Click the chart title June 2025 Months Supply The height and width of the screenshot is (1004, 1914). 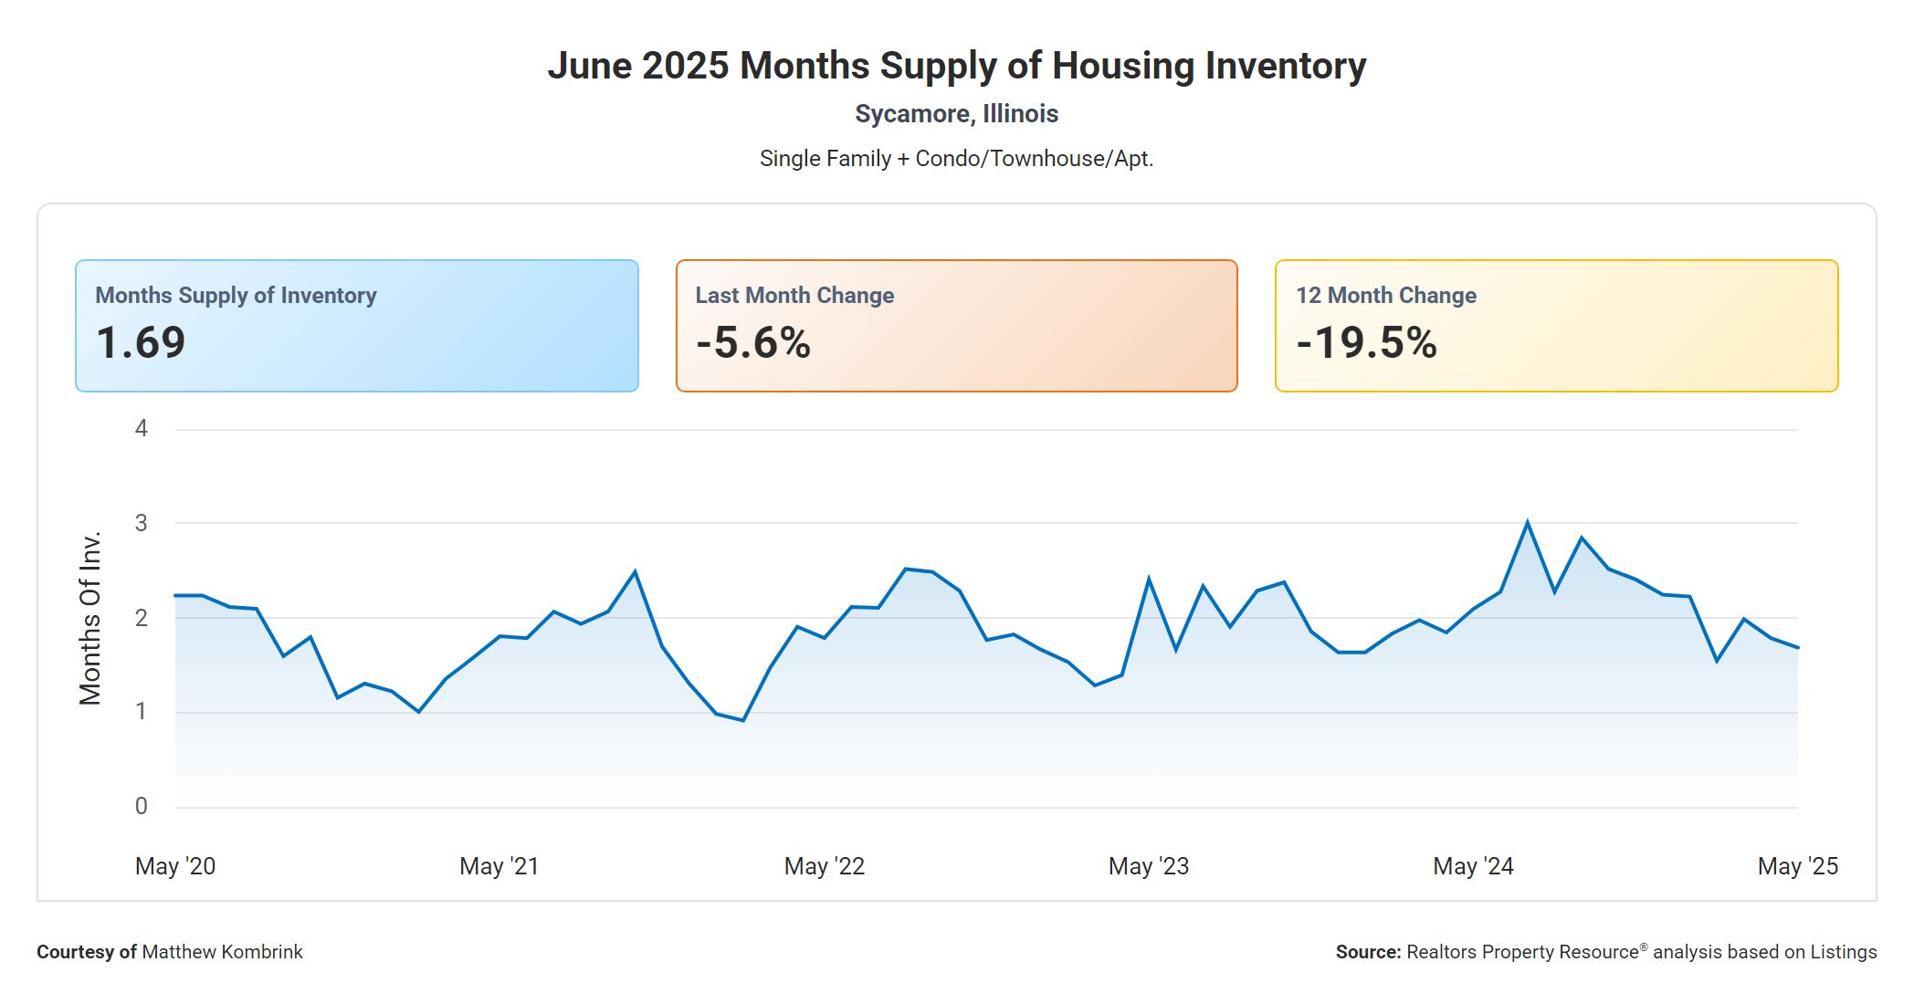pos(956,66)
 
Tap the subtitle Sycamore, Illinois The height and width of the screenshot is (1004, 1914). pos(956,114)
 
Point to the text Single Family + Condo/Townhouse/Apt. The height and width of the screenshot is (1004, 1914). pos(956,159)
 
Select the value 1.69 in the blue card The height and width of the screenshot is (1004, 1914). pos(141,343)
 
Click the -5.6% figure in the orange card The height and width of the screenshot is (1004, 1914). pos(752,343)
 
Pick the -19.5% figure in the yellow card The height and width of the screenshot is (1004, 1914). pos(1366,343)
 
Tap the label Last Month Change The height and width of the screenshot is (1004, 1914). pos(794,296)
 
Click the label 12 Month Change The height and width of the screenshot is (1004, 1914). pos(1385,296)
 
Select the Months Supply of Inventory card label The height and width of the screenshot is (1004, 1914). pos(236,296)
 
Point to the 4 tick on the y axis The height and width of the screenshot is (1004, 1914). pos(142,428)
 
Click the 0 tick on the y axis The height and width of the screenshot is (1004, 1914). pos(142,806)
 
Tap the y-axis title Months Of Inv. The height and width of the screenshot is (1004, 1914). pos(89,618)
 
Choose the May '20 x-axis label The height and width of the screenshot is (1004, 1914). pos(175,866)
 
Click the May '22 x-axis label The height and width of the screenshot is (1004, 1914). pos(824,866)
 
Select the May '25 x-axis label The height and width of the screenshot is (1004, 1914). pos(1797,866)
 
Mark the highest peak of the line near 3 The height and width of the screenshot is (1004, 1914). pos(1528,522)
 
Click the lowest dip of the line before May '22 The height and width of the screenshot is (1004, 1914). pos(743,720)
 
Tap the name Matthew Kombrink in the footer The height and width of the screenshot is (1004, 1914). pos(222,952)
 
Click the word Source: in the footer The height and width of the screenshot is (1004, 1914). pos(1368,952)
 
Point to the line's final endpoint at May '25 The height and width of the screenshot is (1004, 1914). pos(1797,648)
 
